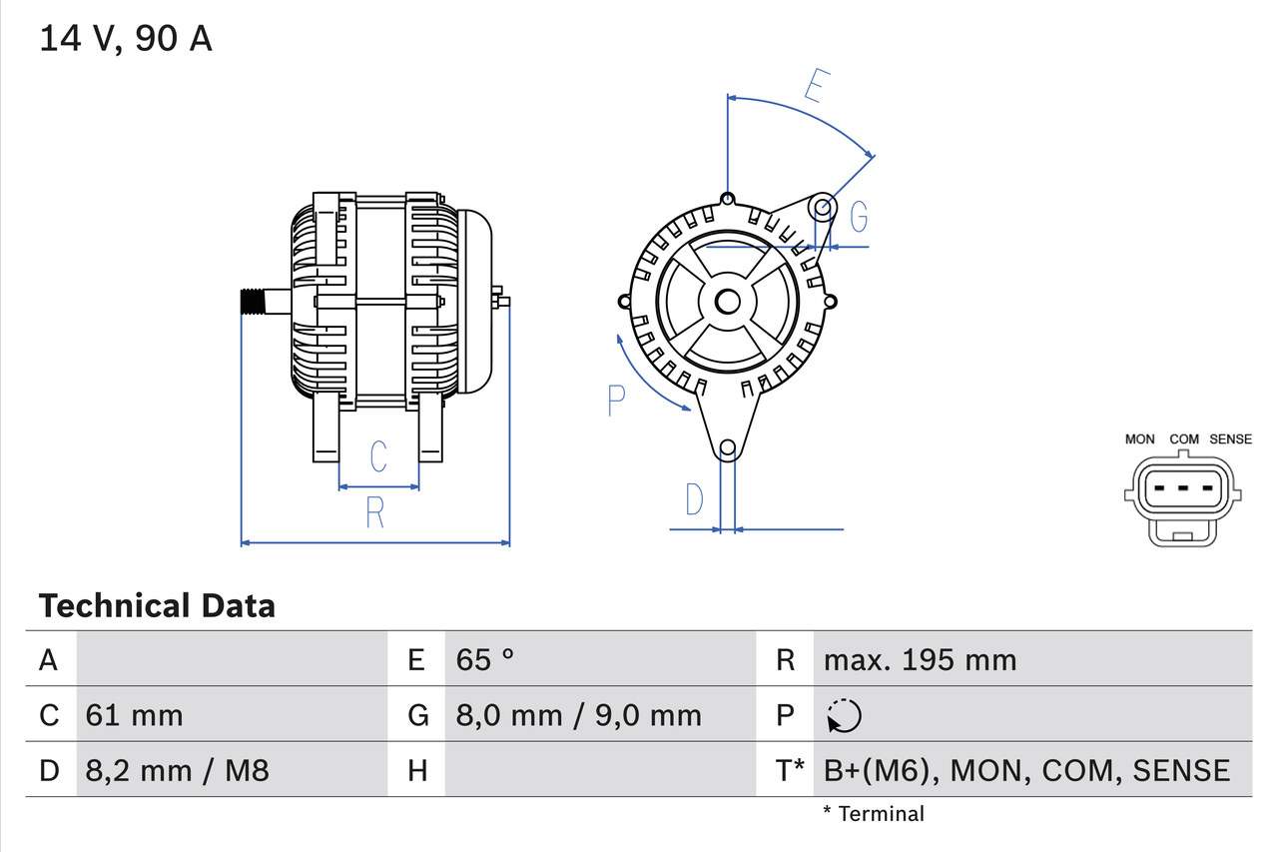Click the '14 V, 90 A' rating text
[126, 39]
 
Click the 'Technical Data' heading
[157, 605]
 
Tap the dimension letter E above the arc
[816, 87]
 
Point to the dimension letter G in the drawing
[858, 216]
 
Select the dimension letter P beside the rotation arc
[616, 401]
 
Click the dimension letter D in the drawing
[694, 499]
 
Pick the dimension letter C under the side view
[378, 456]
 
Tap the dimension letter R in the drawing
[375, 511]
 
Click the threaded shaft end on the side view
[257, 302]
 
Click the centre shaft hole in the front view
[728, 301]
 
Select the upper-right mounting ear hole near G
[822, 208]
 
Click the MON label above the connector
[1139, 438]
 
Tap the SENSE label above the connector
[1230, 438]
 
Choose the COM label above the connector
[1184, 438]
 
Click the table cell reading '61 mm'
[135, 715]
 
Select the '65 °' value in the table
[485, 659]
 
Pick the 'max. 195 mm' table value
[920, 659]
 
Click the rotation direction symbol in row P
[844, 715]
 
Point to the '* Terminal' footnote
[874, 814]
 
